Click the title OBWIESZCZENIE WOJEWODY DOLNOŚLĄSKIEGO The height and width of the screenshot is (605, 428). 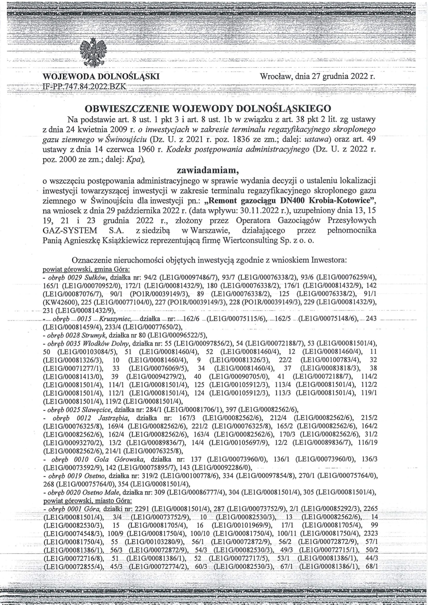pyautogui.click(x=208, y=109)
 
